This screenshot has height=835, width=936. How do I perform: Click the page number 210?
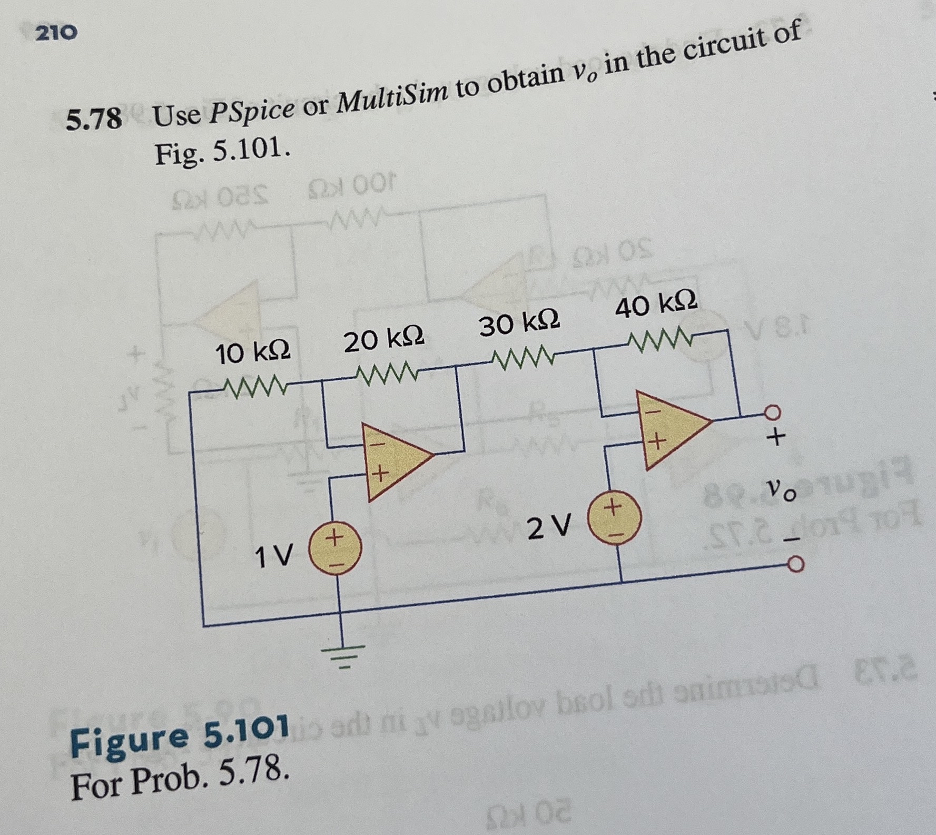coord(56,33)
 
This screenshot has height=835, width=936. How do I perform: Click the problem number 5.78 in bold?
coord(93,118)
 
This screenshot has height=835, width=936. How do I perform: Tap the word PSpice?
coord(251,108)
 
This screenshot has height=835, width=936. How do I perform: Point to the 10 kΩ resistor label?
coord(252,353)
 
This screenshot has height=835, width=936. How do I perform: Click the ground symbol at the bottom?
coord(341,656)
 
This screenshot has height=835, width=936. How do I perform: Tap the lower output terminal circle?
coord(795,565)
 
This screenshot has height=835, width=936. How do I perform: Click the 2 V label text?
coord(549,528)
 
